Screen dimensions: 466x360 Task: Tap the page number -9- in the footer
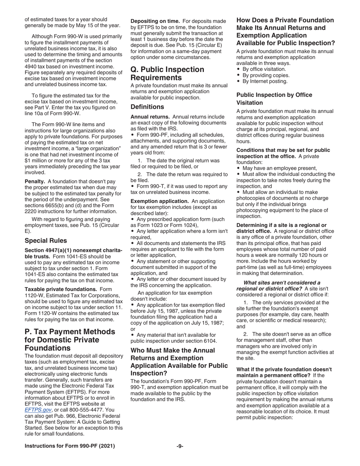coord(180,446)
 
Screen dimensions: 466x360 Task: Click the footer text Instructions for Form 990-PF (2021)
coord(70,446)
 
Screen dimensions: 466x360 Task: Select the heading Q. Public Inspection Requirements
coord(167,73)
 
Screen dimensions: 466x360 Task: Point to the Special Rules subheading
coord(45,240)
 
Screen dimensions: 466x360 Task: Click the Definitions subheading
coord(147,107)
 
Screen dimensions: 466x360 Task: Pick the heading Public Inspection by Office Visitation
coord(274,99)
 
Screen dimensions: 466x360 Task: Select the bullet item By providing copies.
coord(265,75)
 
